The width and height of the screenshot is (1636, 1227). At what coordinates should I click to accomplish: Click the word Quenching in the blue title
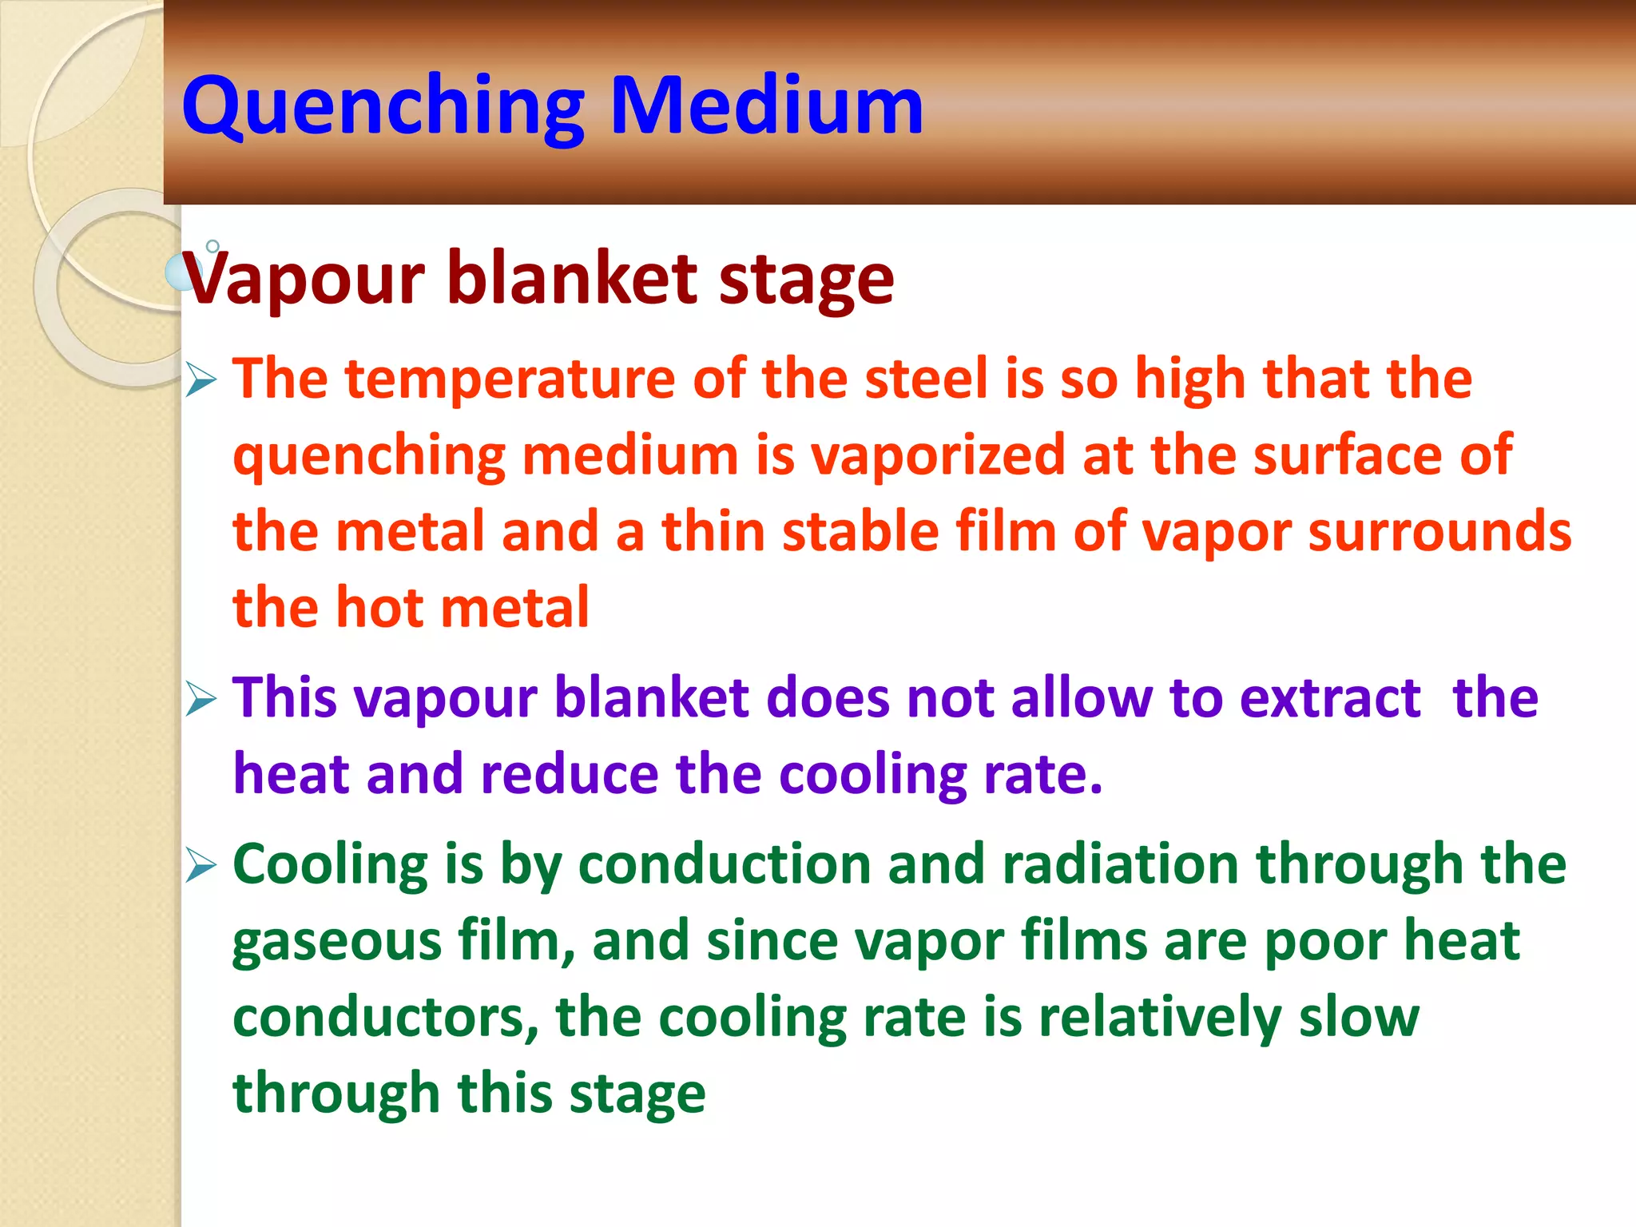coord(383,108)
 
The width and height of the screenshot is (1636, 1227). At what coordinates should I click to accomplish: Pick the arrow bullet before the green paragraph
coord(201,866)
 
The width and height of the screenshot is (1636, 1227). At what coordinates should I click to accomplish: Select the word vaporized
coord(938,456)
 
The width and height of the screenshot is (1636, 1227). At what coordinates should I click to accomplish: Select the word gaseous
coord(336,943)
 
